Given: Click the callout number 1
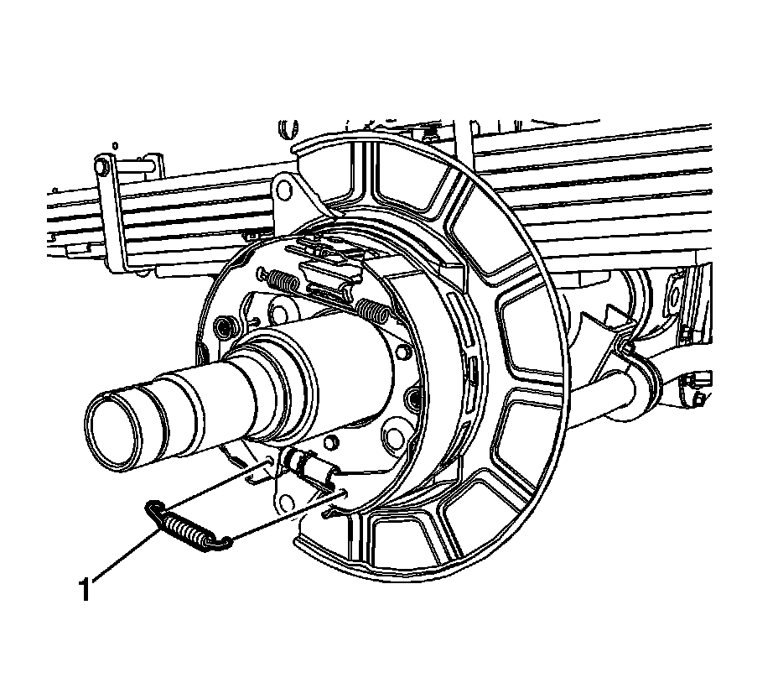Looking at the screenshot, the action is point(85,590).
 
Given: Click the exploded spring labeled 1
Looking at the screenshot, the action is point(188,528).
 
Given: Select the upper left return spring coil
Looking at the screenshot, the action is point(279,280).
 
